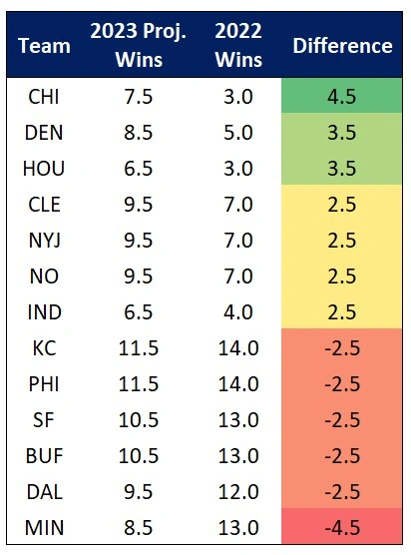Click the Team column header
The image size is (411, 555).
[45, 46]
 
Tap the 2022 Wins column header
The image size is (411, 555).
[237, 46]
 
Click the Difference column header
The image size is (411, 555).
[342, 46]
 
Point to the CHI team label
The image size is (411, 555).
[44, 99]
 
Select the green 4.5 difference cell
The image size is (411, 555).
[342, 99]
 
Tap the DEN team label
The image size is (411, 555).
[44, 135]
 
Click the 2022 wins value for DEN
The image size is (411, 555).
[237, 135]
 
